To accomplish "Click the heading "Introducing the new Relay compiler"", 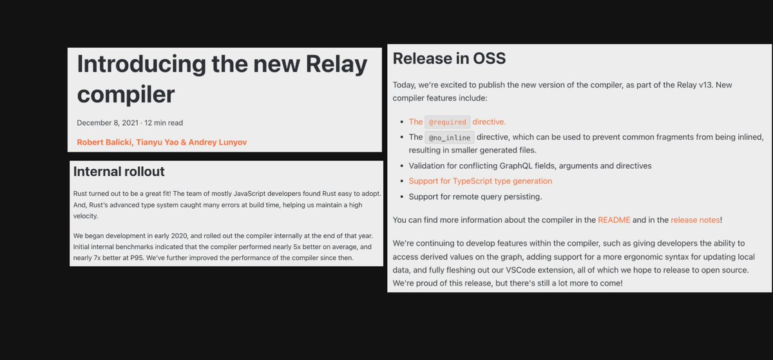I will click(x=222, y=79).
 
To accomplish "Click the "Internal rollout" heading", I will click(x=119, y=171).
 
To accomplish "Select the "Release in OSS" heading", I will click(x=449, y=59).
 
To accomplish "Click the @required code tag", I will click(x=447, y=122).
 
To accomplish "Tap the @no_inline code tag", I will click(x=450, y=137).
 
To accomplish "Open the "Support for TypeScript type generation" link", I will click(x=480, y=181).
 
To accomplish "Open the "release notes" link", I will click(x=694, y=220).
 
